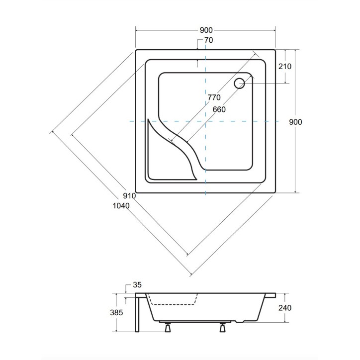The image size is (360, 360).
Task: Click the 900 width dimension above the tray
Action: tap(206, 30)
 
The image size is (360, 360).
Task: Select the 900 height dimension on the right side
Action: tap(297, 121)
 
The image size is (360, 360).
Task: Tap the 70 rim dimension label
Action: tap(208, 40)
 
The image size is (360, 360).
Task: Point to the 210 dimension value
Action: tap(285, 67)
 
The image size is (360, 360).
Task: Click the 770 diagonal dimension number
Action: tap(214, 97)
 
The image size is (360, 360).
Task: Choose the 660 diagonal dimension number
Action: tap(219, 109)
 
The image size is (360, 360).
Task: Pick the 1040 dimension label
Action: tap(121, 205)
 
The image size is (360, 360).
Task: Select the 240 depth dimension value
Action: tap(285, 308)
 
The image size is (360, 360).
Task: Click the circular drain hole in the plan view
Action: tap(240, 83)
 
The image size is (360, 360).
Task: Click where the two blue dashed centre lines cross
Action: tap(205, 121)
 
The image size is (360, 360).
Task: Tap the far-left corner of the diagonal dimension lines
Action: tap(52, 132)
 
